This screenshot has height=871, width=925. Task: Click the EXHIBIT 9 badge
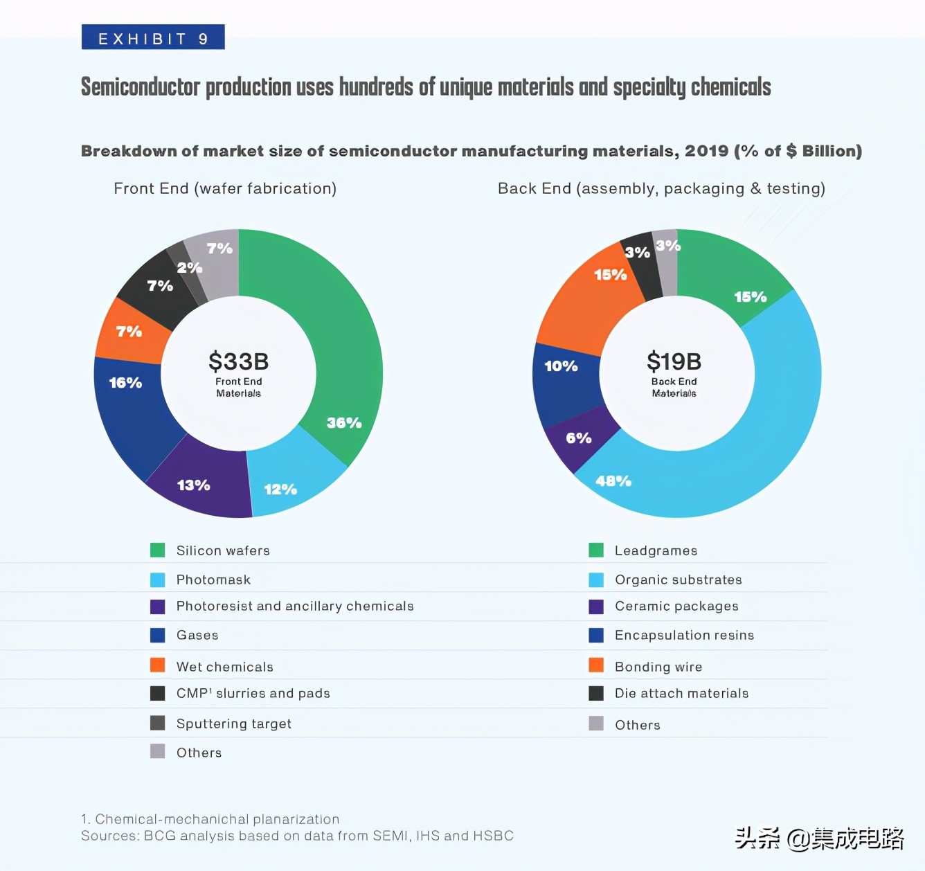(153, 38)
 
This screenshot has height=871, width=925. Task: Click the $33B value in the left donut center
(238, 361)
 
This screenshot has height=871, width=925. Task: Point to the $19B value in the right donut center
(674, 361)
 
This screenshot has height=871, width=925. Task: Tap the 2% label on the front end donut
(189, 267)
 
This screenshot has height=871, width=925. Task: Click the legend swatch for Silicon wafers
(158, 550)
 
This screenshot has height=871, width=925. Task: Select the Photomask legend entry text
(213, 580)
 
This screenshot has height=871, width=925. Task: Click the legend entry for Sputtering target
(233, 724)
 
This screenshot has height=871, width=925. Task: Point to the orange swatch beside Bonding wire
(596, 665)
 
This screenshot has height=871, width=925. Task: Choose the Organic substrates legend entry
(678, 580)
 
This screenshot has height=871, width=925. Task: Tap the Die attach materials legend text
(681, 693)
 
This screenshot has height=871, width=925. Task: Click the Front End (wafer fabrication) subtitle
(225, 188)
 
